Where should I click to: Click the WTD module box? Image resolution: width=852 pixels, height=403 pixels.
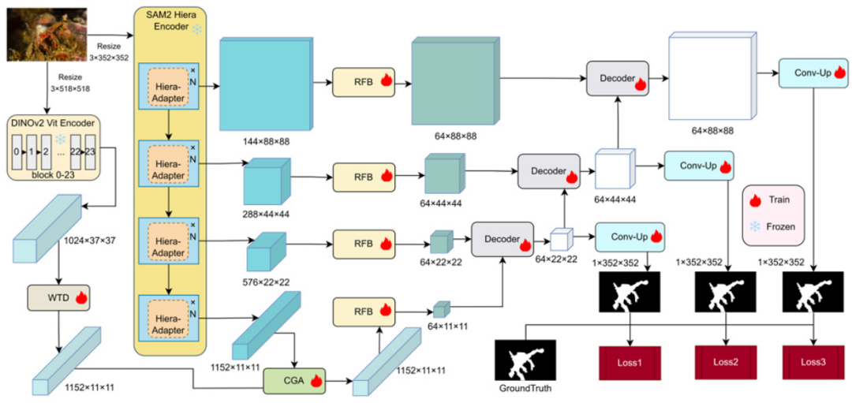point(60,298)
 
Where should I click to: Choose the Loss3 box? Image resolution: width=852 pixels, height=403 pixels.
point(814,362)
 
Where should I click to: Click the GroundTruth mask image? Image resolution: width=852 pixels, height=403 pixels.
point(525,362)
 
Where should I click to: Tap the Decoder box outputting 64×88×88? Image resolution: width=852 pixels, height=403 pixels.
point(617,79)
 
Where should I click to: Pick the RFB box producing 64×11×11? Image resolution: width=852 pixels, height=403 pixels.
point(364,311)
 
